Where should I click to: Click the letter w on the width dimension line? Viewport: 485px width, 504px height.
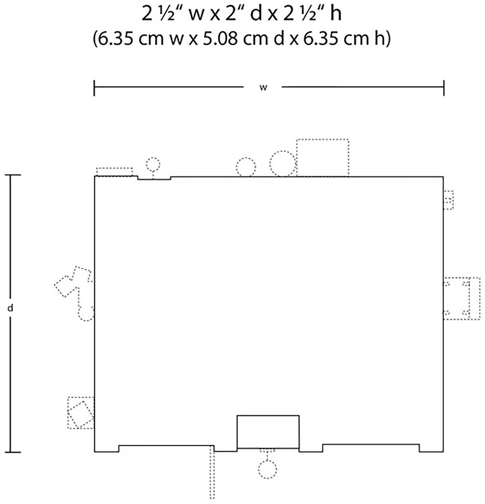[263, 88]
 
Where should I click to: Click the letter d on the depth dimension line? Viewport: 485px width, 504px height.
[10, 308]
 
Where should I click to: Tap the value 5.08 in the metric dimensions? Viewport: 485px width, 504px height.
[221, 39]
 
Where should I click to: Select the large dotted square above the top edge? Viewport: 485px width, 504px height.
[322, 157]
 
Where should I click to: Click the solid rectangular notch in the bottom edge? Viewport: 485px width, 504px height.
[268, 432]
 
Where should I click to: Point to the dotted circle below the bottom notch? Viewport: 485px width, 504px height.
[267, 470]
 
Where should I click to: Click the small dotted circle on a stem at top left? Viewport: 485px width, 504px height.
[153, 164]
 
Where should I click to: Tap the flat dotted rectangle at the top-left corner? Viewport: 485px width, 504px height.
[115, 172]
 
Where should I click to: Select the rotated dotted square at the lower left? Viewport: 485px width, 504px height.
[81, 414]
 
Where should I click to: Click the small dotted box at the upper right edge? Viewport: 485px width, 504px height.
[448, 200]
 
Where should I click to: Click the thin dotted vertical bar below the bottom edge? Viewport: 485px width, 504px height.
[212, 472]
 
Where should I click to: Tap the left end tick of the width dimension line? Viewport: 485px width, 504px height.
[94, 88]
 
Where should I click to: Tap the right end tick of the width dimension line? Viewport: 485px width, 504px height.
[444, 88]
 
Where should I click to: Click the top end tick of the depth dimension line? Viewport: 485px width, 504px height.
[13, 175]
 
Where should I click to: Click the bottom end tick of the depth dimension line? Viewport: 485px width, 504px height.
[13, 452]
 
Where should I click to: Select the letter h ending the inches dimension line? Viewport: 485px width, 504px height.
[336, 14]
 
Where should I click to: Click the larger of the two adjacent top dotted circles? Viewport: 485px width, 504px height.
[283, 164]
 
